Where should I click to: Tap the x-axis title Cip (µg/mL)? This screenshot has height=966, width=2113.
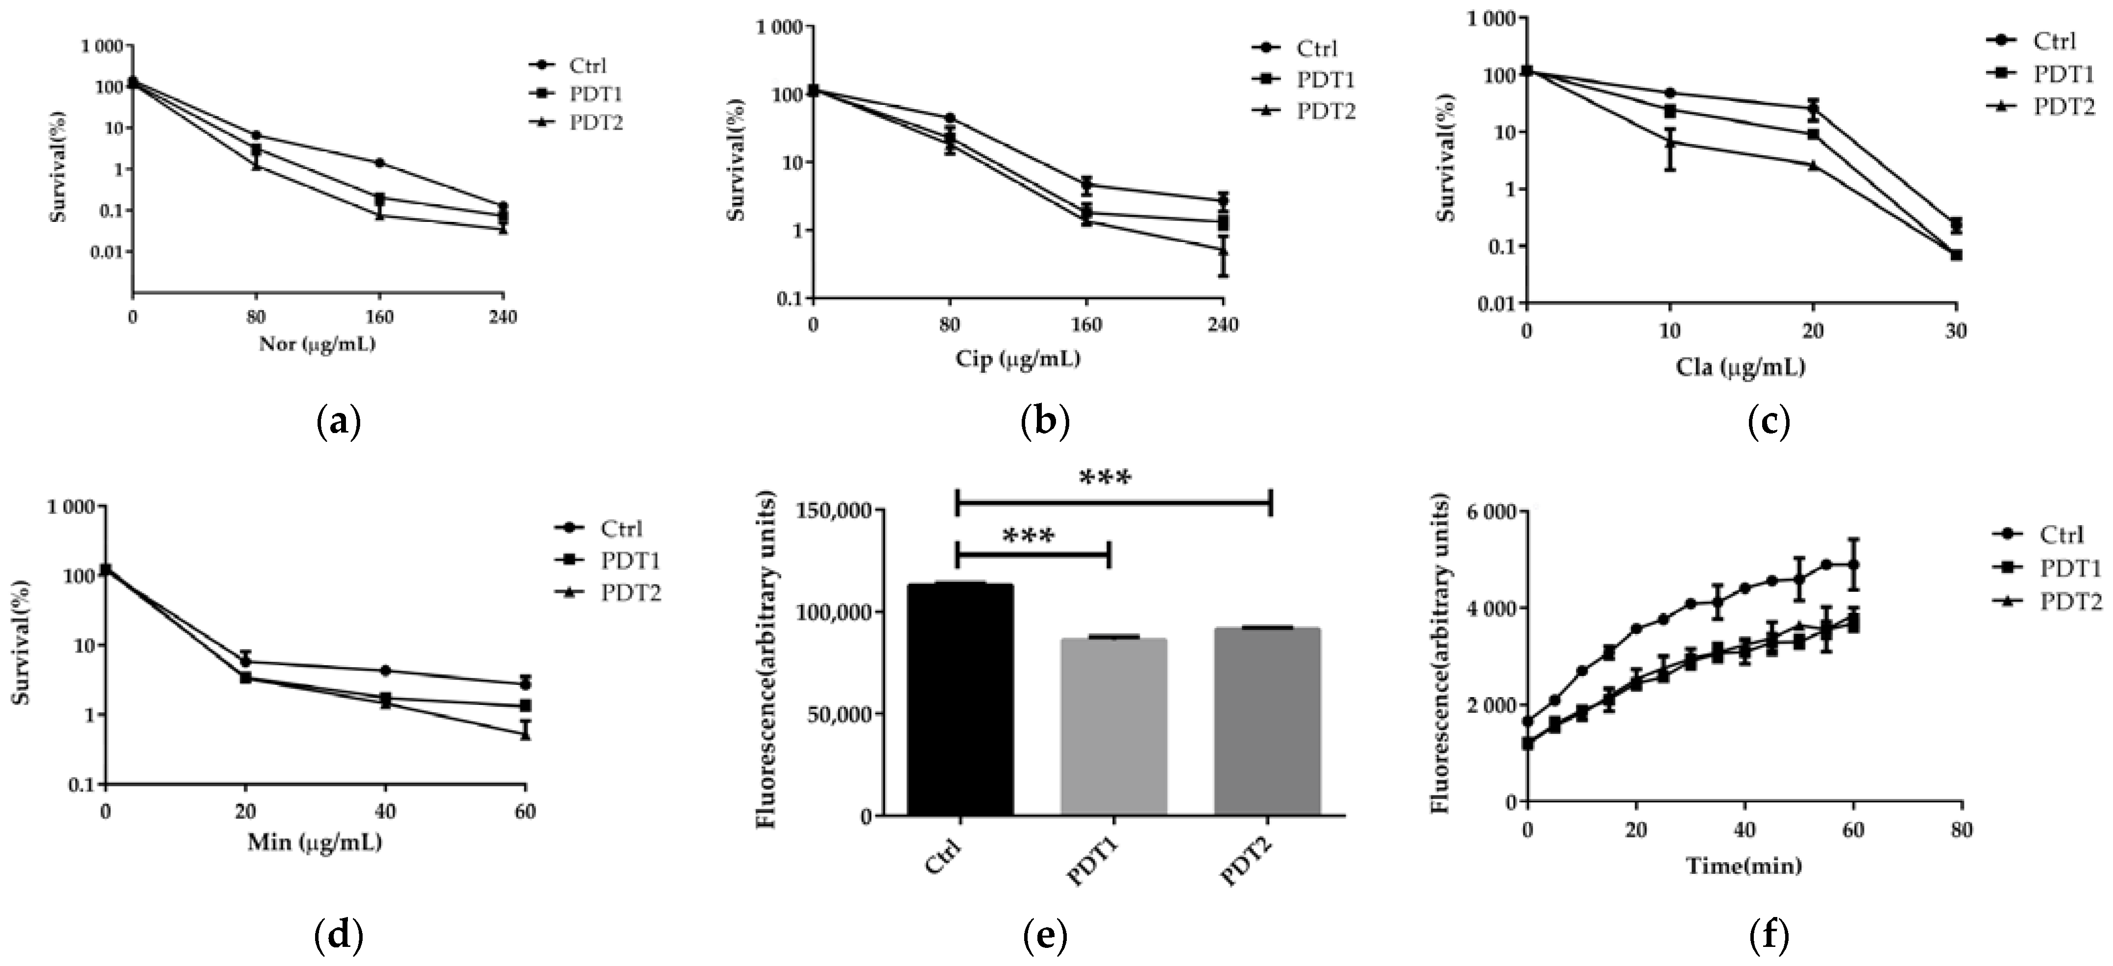point(1017,359)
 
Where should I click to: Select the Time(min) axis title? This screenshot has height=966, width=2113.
point(1743,865)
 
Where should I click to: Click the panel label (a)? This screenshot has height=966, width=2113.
point(338,421)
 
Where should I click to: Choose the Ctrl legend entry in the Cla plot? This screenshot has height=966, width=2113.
point(2054,41)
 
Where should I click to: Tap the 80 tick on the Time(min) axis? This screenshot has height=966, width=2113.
point(1961,831)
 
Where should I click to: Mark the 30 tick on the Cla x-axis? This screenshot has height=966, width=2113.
point(1956,331)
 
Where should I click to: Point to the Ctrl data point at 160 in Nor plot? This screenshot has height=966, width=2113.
point(379,162)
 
